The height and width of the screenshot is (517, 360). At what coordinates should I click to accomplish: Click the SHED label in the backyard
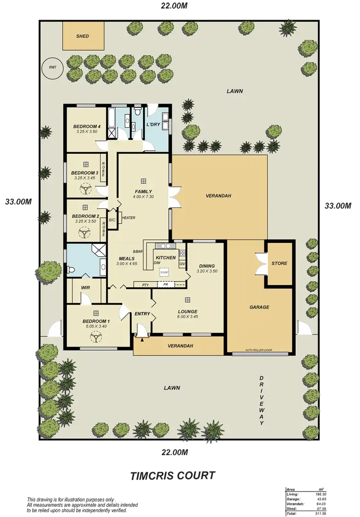pos(83,36)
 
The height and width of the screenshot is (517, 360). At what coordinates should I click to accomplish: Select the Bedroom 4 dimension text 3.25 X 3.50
pos(86,132)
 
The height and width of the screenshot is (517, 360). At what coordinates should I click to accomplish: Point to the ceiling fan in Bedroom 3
pos(85,190)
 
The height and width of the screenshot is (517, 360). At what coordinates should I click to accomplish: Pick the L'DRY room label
pos(153,125)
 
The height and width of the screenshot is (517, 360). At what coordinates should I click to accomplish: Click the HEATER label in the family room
pos(128,217)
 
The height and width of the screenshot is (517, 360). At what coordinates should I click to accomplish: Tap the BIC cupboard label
pos(112,220)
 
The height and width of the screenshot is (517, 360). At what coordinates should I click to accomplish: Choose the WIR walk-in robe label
pos(86,288)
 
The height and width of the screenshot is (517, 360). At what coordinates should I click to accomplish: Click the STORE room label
pos(279,264)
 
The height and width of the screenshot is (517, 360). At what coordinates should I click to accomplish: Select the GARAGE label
pos(259,307)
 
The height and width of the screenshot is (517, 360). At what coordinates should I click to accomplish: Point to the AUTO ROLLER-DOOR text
pos(258,350)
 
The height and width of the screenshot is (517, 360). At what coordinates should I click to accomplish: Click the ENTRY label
pos(143,314)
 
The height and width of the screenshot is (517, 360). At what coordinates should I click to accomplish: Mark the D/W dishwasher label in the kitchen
pos(157,263)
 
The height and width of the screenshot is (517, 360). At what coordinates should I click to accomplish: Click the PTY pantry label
pos(145,285)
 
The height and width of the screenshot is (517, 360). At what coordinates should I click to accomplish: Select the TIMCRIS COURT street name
pos(172,476)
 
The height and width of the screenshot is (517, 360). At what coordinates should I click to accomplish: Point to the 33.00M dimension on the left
pos(18,202)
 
